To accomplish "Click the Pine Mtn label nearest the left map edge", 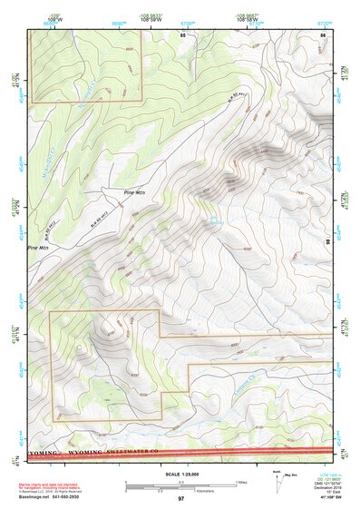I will tap(38, 247).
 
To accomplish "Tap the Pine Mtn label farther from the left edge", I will tap(135, 192).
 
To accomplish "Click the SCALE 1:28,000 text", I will tap(180, 475).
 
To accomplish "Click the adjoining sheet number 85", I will tap(182, 34).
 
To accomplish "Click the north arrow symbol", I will tap(277, 488).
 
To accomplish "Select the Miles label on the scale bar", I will tap(240, 482).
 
